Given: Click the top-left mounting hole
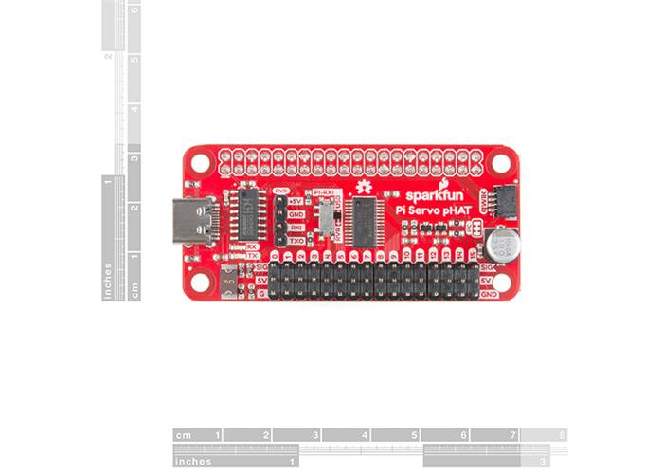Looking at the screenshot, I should [x=200, y=162].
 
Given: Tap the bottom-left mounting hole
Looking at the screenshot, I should [x=200, y=281].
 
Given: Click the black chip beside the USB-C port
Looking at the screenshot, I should [x=251, y=214].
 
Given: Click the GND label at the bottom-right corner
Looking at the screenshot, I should [x=489, y=295].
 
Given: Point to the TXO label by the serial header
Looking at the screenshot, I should [x=296, y=241].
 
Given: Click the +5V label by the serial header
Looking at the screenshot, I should [x=296, y=202].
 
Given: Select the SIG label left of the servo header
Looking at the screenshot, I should [x=261, y=268].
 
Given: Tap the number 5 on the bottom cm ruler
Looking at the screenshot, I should [x=415, y=435].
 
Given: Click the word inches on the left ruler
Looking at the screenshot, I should [x=109, y=281].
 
